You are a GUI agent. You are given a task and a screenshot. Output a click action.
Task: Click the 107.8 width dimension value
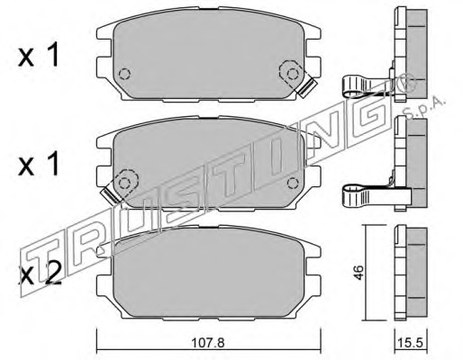point(208,342)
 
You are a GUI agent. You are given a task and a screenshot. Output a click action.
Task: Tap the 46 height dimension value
point(359,272)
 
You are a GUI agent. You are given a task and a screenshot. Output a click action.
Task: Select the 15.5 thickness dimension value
point(411,342)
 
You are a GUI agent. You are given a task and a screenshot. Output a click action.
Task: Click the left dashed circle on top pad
point(124,74)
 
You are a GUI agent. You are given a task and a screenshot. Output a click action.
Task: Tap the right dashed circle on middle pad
point(293,183)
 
